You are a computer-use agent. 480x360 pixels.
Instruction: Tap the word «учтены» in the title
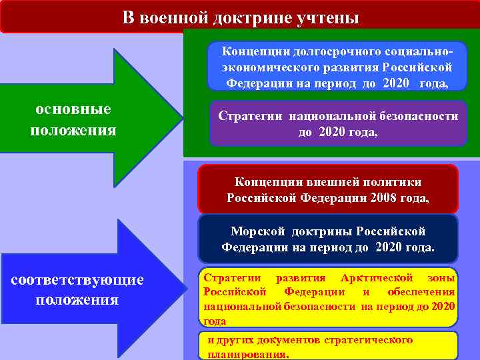click(327, 17)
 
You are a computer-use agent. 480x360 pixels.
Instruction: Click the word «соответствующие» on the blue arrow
click(77, 279)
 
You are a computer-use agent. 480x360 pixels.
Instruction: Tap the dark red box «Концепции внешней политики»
click(328, 189)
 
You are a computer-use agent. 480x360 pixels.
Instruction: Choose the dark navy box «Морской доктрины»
click(328, 239)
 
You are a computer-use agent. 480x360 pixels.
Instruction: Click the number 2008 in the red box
click(376, 198)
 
